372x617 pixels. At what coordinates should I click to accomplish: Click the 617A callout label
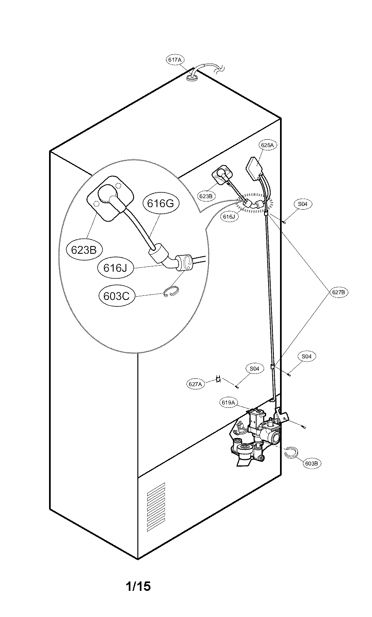point(175,60)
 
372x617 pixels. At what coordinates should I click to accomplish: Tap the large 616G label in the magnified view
point(161,203)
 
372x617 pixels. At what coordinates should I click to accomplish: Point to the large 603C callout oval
point(116,295)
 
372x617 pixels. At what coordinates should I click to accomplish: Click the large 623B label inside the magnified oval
point(84,250)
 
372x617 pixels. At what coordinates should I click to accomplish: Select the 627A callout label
point(195,384)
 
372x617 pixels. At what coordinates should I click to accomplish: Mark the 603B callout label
point(312,463)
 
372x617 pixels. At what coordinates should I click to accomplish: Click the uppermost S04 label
point(303,203)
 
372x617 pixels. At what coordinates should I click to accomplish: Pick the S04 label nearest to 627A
point(254,369)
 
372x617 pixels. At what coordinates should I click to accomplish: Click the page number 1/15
point(138,587)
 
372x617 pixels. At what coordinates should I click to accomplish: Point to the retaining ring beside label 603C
point(169,293)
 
